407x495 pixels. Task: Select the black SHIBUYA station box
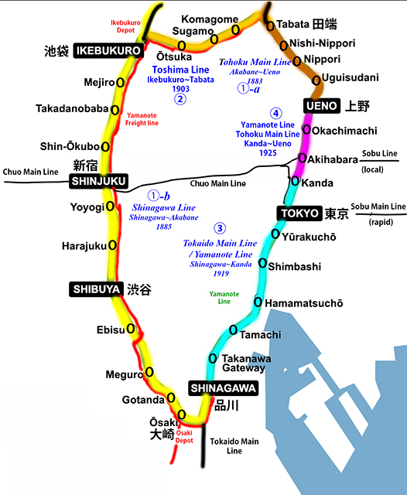pyautogui.click(x=97, y=289)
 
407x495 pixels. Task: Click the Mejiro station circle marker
pyautogui.click(x=121, y=80)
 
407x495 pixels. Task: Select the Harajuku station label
pyautogui.click(x=84, y=246)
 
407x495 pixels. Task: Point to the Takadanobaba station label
pyautogui.click(x=71, y=109)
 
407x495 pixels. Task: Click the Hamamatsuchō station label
pyautogui.click(x=304, y=303)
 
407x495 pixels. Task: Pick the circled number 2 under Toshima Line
pyautogui.click(x=180, y=98)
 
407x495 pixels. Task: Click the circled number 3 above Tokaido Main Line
pyautogui.click(x=221, y=228)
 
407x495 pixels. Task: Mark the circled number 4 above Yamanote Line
pyautogui.click(x=276, y=111)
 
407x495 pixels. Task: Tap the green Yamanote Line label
pyautogui.click(x=224, y=297)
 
